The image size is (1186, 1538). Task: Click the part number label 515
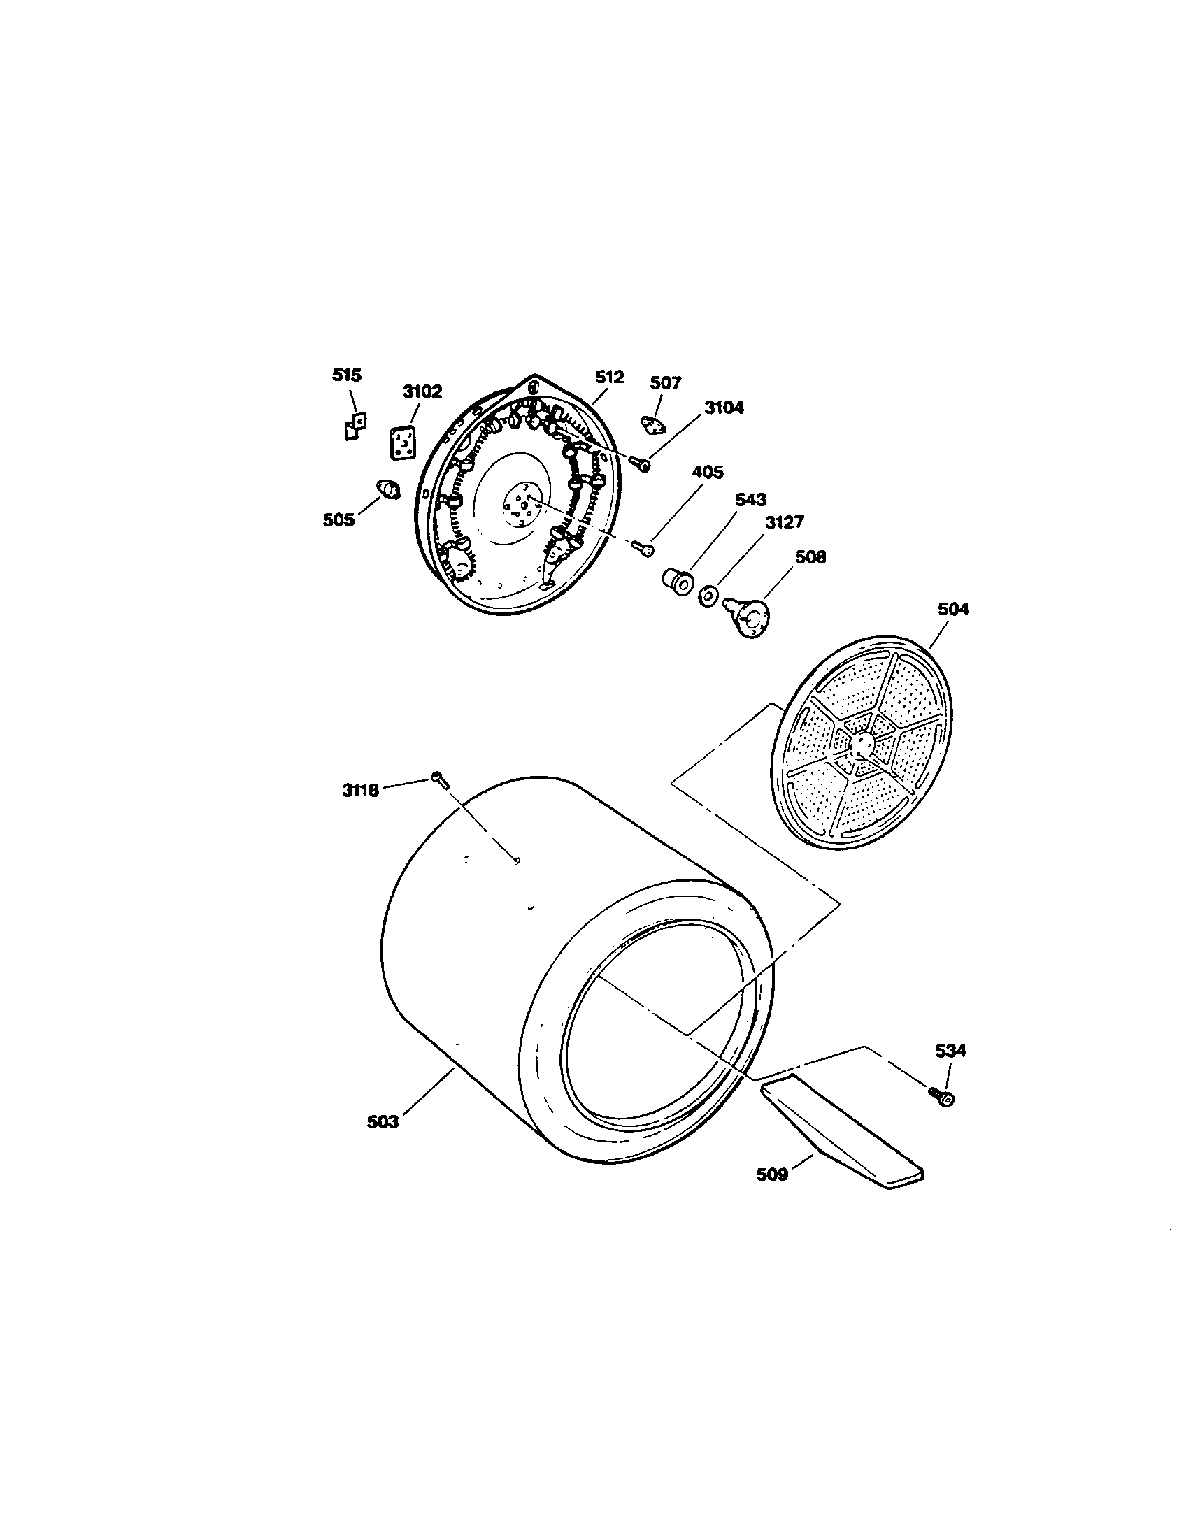347,375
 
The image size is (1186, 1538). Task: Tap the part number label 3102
422,391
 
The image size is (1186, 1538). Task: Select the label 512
609,378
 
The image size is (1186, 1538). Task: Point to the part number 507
666,382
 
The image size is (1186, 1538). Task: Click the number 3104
724,407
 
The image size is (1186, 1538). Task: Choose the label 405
707,472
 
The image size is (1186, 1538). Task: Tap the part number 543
750,499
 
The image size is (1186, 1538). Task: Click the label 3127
784,522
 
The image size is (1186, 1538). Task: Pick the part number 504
953,609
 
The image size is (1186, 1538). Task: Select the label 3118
361,790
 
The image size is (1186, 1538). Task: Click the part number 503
383,1122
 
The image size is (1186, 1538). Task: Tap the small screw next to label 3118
438,778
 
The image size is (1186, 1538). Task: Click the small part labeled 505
387,488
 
